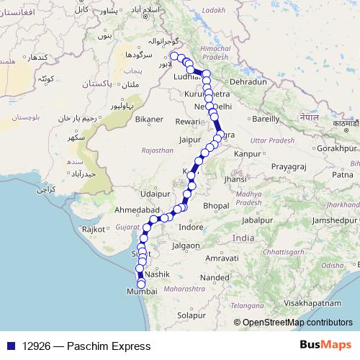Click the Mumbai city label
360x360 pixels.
click(x=141, y=292)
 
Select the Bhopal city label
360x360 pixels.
click(x=217, y=205)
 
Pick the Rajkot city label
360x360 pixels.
click(x=94, y=230)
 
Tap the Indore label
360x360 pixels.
click(x=191, y=227)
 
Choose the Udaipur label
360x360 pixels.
click(x=156, y=193)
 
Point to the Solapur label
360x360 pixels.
click(x=192, y=315)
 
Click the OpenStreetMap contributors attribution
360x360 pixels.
click(x=297, y=323)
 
